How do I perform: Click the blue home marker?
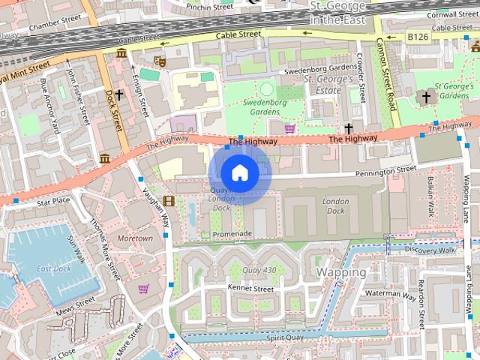tap(239, 173)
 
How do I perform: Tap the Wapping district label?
tap(341, 271)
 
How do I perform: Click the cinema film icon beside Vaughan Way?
tap(169, 200)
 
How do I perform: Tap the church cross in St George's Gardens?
tap(426, 97)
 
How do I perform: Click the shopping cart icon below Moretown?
tap(142, 288)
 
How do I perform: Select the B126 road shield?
tap(419, 36)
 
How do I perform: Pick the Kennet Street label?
tap(250, 288)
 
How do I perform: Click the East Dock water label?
tap(53, 268)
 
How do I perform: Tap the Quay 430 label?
tap(259, 270)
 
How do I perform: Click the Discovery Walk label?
tap(430, 250)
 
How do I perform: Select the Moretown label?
tap(135, 238)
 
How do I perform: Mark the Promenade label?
tap(232, 234)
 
